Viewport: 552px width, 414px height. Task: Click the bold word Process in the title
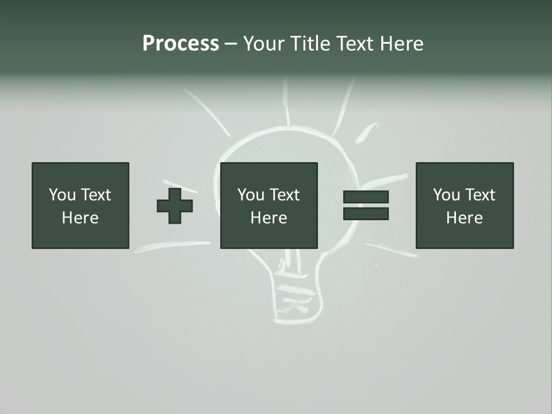point(181,44)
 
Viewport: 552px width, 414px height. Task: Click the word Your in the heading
point(264,44)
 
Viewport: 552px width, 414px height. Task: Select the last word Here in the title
point(401,44)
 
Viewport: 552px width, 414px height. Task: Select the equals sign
point(366,205)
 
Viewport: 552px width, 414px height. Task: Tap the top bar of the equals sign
point(366,197)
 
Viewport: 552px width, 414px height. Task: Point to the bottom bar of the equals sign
point(366,213)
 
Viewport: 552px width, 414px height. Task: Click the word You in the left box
point(62,195)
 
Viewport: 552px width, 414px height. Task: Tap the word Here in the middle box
point(269,218)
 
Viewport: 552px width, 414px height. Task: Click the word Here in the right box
point(465,218)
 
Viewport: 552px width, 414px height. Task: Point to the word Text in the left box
point(95,195)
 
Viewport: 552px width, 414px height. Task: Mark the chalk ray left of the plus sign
point(172,246)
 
